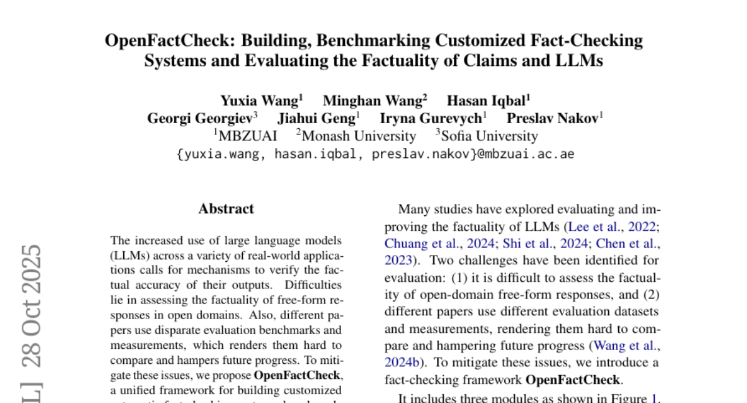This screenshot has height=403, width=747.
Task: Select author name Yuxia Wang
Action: click(259, 101)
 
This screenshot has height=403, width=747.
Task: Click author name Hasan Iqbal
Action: click(486, 101)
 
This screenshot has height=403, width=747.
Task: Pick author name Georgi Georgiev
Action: click(199, 118)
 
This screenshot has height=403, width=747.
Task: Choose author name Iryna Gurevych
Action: click(430, 118)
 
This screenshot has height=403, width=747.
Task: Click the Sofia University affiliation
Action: click(489, 136)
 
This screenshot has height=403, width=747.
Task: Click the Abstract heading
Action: click(226, 209)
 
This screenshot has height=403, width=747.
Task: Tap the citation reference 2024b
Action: click(403, 362)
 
